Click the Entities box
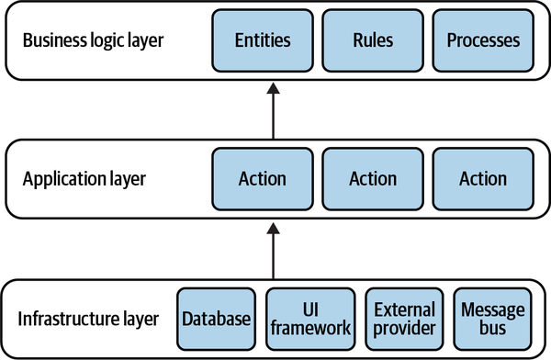click(263, 40)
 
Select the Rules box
click(373, 40)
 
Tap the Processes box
click(483, 40)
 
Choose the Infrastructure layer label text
click(88, 319)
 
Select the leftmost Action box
click(263, 179)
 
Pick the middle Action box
click(373, 179)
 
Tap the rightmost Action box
click(483, 179)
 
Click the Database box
click(216, 319)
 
